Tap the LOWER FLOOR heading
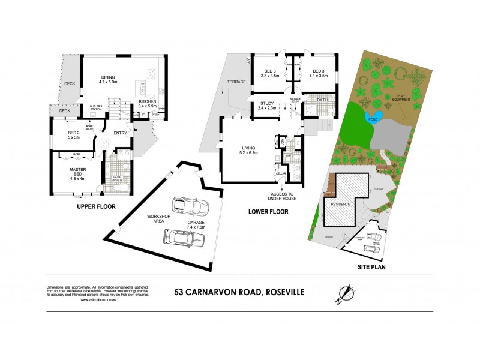point(268,211)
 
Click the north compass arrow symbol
point(344,294)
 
